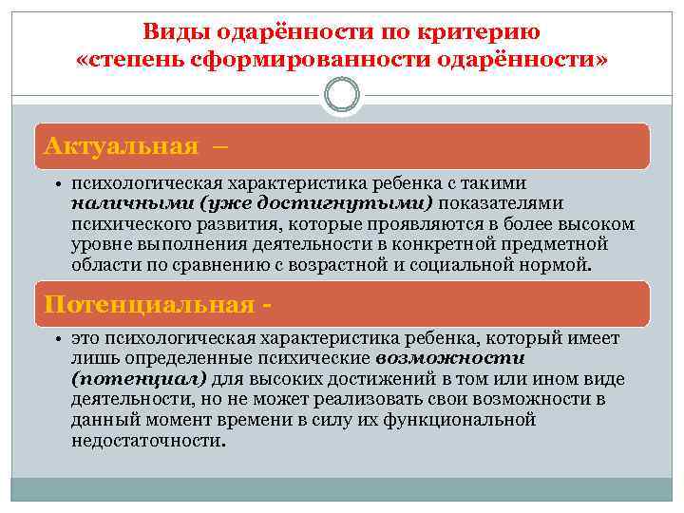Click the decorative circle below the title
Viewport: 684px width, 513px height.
point(341,95)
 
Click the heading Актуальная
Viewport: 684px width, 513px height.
point(121,146)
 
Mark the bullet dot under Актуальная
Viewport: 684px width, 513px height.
point(59,182)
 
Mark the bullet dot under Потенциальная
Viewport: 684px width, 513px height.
point(59,339)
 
